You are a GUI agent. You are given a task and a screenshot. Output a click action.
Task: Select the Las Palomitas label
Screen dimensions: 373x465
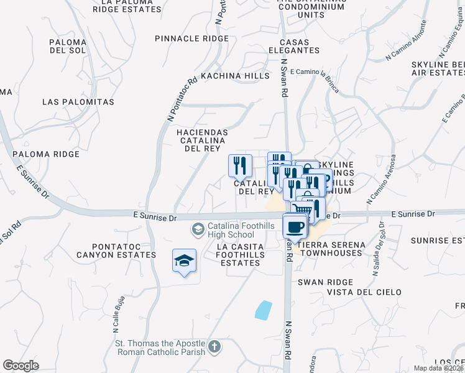[x=78, y=101]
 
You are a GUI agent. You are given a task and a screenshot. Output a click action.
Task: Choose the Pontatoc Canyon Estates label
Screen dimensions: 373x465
[x=116, y=251]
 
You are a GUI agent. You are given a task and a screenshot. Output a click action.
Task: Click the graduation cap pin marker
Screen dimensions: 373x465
[x=184, y=262]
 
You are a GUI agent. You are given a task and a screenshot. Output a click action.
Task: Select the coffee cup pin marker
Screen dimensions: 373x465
[x=295, y=226]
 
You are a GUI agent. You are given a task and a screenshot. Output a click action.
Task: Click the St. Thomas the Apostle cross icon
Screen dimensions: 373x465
[x=214, y=347]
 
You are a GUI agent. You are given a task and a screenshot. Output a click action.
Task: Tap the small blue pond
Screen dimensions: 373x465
[x=264, y=310]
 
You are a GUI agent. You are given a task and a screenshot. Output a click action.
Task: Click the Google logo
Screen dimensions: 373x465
[x=21, y=366]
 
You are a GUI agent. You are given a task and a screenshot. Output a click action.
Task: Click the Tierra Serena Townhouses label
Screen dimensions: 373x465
[x=329, y=249]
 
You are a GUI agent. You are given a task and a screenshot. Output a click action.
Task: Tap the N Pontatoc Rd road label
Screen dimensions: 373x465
[x=182, y=98]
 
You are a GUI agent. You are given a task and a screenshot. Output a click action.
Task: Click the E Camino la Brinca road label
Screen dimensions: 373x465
[x=315, y=79]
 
